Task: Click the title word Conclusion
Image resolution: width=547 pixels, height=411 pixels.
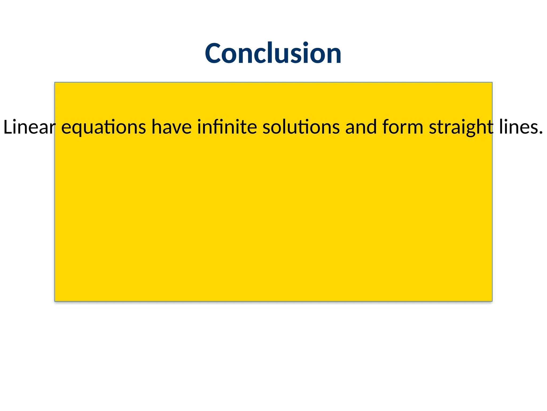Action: (273, 54)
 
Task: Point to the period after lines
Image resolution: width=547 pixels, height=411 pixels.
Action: (541, 132)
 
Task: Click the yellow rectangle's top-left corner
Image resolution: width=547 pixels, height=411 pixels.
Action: (55, 82)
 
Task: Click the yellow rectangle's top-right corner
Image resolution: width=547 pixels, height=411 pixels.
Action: (492, 82)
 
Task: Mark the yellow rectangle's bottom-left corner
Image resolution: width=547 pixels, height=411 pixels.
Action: (55, 301)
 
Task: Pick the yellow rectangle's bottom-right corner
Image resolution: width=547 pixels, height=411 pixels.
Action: (492, 301)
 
